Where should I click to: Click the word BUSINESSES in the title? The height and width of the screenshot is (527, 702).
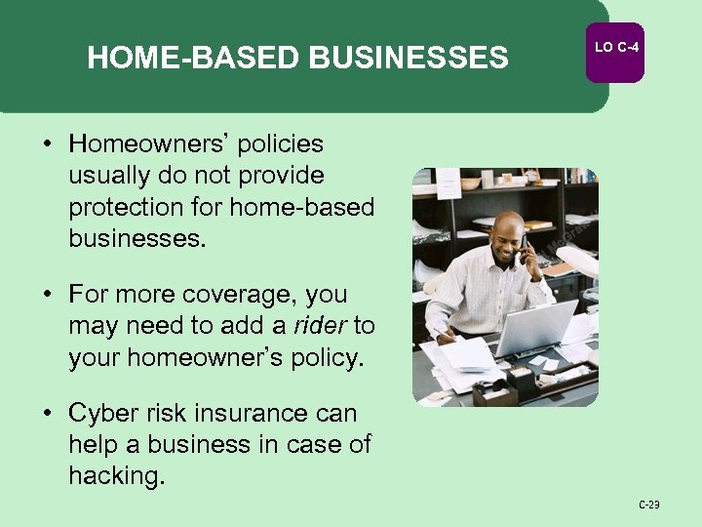tap(409, 60)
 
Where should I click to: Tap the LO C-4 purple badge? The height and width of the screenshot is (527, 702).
tap(614, 48)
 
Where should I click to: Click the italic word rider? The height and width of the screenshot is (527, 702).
tap(324, 325)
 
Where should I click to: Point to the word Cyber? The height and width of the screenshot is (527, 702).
tap(100, 413)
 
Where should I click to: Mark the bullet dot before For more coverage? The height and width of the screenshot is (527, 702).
tap(47, 294)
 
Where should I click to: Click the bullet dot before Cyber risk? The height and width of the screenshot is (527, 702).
tap(47, 413)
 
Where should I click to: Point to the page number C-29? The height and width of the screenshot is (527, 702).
tap(649, 505)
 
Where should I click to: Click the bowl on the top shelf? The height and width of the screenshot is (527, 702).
tap(471, 182)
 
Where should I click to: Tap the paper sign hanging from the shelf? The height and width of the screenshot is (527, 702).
tap(448, 182)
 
